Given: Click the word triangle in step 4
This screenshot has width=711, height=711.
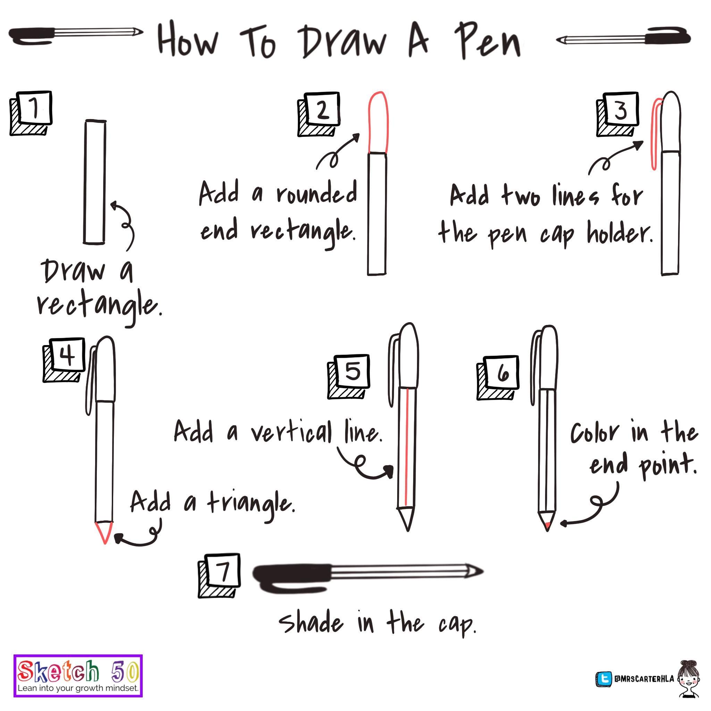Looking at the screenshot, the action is (x=251, y=504).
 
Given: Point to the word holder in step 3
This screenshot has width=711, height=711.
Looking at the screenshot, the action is (x=620, y=232).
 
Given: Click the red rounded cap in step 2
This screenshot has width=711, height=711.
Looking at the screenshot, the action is (x=378, y=122).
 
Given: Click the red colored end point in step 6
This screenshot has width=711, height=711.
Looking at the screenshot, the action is (x=548, y=526).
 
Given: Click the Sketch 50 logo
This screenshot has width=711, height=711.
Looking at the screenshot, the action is (x=78, y=676).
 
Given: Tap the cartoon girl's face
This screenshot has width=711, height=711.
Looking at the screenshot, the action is (x=688, y=681).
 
